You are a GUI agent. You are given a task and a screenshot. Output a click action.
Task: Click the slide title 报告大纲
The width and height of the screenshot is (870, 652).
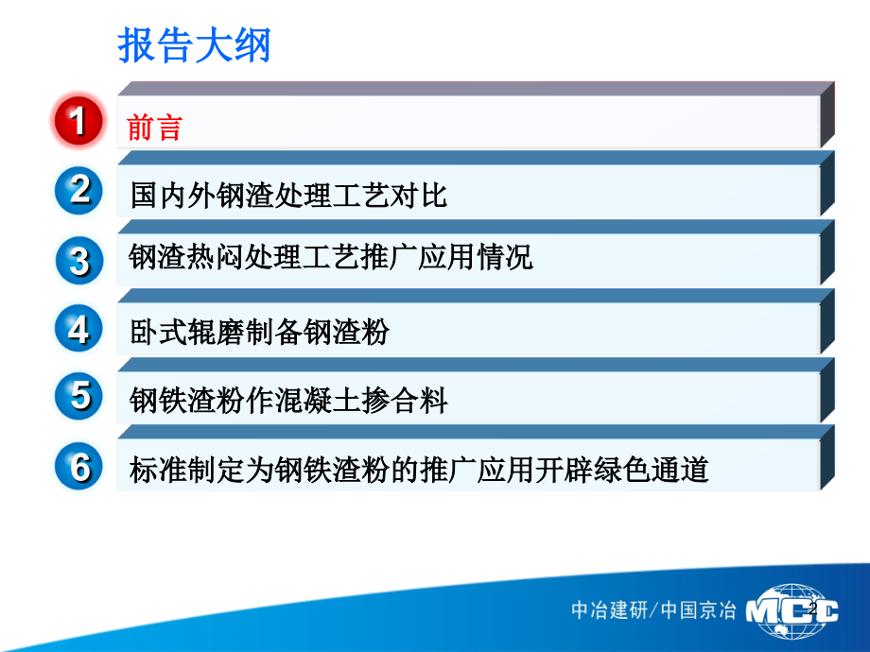194,45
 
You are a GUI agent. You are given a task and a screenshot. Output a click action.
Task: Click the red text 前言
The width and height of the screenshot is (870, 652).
154,127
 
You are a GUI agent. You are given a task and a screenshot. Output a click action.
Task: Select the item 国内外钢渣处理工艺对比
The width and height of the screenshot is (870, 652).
288,196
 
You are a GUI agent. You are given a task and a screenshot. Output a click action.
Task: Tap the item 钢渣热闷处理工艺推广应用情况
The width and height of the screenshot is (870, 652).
331,256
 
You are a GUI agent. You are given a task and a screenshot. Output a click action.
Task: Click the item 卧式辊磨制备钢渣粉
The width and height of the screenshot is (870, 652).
259,332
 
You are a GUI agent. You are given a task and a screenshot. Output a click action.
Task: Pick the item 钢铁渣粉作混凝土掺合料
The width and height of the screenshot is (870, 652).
288,401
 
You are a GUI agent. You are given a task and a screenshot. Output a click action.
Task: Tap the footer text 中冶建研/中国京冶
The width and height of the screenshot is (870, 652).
652,610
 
